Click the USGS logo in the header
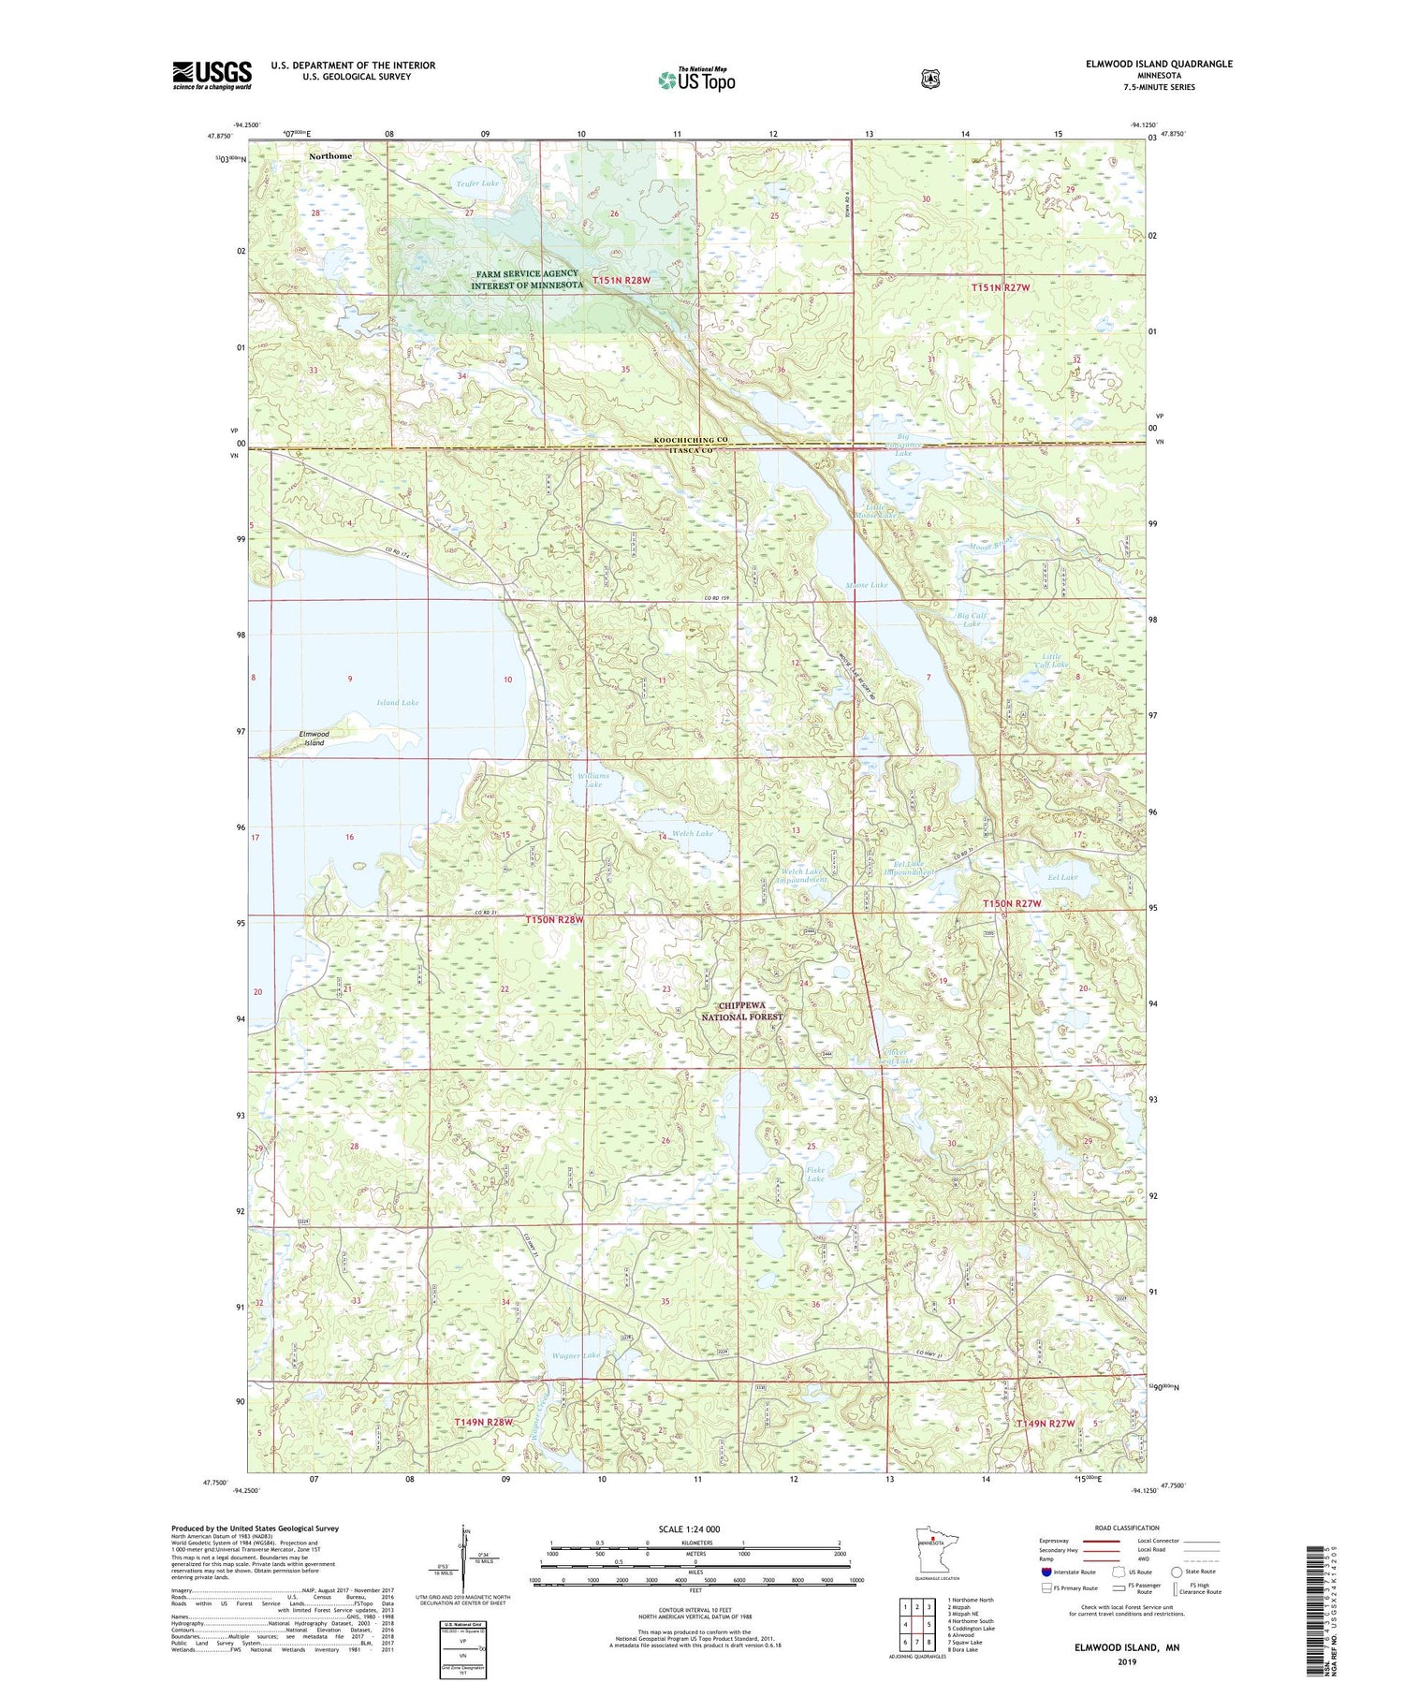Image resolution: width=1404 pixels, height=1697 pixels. click(x=212, y=75)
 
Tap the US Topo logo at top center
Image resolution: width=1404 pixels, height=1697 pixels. click(x=696, y=80)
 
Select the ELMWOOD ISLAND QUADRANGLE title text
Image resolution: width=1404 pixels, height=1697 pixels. click(x=1153, y=65)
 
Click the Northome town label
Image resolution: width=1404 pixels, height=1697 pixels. click(x=330, y=156)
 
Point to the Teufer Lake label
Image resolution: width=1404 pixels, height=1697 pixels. click(x=478, y=183)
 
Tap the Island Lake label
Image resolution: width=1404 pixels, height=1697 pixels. click(x=398, y=702)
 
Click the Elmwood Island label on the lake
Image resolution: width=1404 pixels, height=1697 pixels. click(x=314, y=738)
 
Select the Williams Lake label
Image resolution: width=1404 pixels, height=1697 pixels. click(x=593, y=780)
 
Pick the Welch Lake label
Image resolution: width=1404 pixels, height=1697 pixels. click(x=692, y=833)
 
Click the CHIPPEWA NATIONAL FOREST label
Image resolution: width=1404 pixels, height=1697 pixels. click(x=742, y=1011)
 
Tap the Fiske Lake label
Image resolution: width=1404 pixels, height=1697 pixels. click(x=815, y=1174)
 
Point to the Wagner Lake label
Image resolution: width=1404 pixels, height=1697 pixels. click(x=577, y=1355)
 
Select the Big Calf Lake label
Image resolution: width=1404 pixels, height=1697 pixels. click(x=972, y=619)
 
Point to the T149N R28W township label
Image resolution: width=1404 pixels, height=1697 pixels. click(x=484, y=1422)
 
